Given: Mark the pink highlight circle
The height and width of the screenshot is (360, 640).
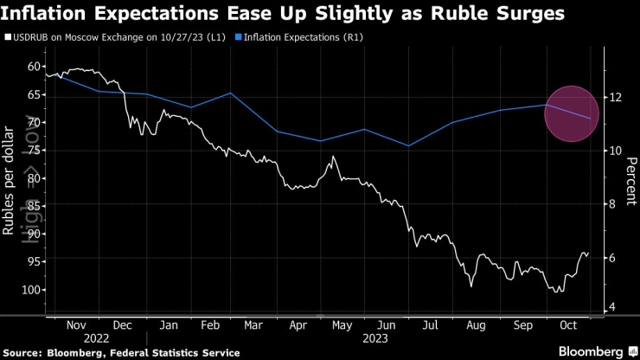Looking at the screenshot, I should pos(572,113).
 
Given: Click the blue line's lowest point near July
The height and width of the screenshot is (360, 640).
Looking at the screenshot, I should pos(408,145).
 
